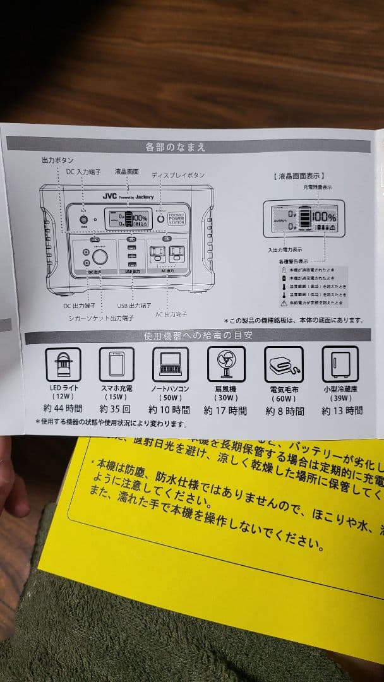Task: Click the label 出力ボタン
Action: point(57,161)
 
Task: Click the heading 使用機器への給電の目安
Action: point(189,335)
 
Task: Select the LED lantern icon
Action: point(63,364)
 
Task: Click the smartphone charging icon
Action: point(116,364)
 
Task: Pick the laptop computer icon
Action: point(171,364)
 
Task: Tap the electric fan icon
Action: point(225,364)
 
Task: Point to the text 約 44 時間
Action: point(63,410)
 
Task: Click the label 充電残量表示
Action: point(318,188)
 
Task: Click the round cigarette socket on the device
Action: point(100,257)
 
